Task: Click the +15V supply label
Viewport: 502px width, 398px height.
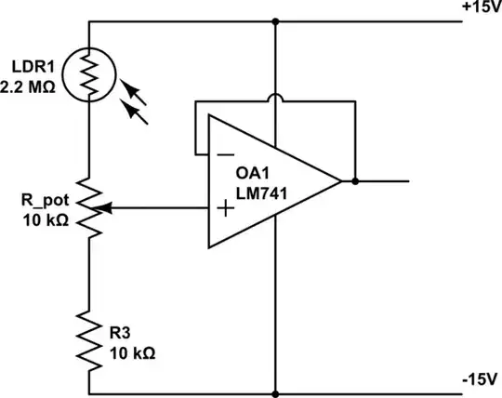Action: click(481, 7)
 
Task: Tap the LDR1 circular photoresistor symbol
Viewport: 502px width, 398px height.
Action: click(90, 73)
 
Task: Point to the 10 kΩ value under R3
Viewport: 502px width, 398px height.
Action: click(130, 353)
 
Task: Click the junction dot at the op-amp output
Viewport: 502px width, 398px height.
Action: click(356, 180)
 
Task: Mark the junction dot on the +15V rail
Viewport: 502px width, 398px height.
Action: click(276, 20)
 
